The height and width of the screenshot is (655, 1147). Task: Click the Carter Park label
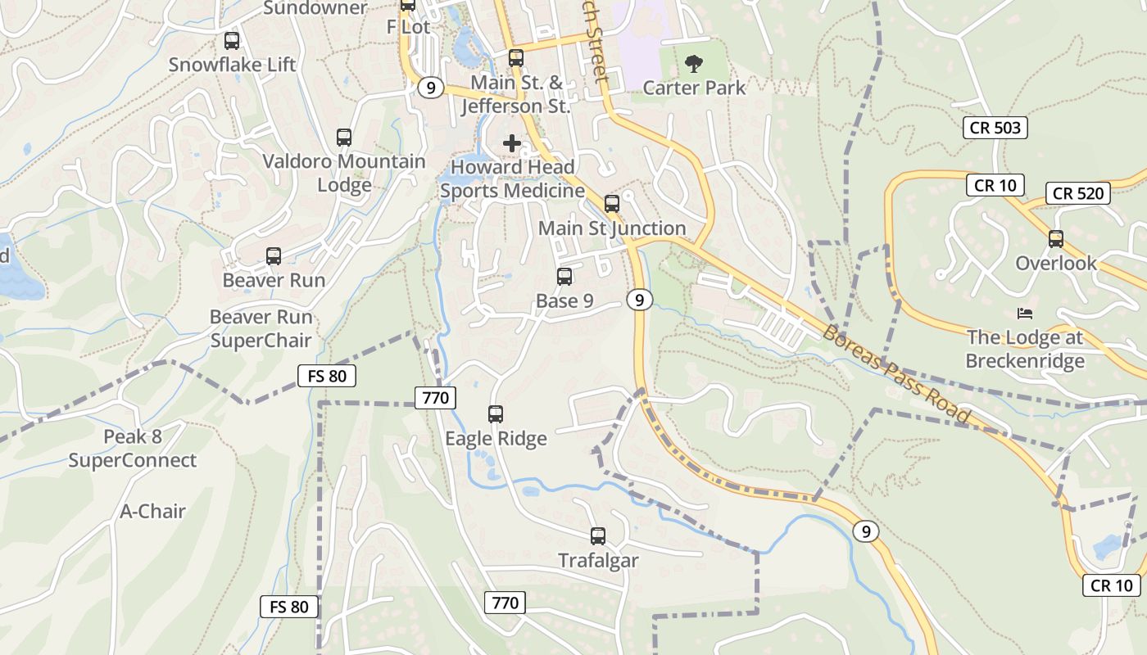[694, 88]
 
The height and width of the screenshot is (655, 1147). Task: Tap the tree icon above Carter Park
[694, 63]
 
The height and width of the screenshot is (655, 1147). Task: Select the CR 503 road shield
[995, 128]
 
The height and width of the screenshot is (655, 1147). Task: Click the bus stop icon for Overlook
[1056, 239]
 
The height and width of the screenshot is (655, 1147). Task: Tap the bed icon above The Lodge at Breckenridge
[1025, 313]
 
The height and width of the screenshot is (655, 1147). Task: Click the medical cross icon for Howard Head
[512, 143]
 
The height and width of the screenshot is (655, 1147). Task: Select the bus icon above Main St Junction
[612, 204]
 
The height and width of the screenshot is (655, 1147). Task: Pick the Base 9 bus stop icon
[564, 277]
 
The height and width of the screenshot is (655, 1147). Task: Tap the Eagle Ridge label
[496, 439]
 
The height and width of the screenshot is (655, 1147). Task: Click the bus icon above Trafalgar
[598, 536]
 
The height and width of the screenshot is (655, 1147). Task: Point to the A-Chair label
[153, 511]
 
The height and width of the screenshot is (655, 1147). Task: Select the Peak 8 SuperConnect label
[133, 449]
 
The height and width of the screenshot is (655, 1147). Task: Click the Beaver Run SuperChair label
[261, 328]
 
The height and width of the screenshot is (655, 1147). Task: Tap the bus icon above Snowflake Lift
[232, 40]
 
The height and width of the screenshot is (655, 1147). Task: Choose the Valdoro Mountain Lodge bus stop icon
[344, 138]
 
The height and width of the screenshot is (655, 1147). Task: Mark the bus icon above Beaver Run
[274, 256]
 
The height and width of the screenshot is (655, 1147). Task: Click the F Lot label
[408, 26]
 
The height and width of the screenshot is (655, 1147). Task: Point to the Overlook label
[1056, 263]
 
